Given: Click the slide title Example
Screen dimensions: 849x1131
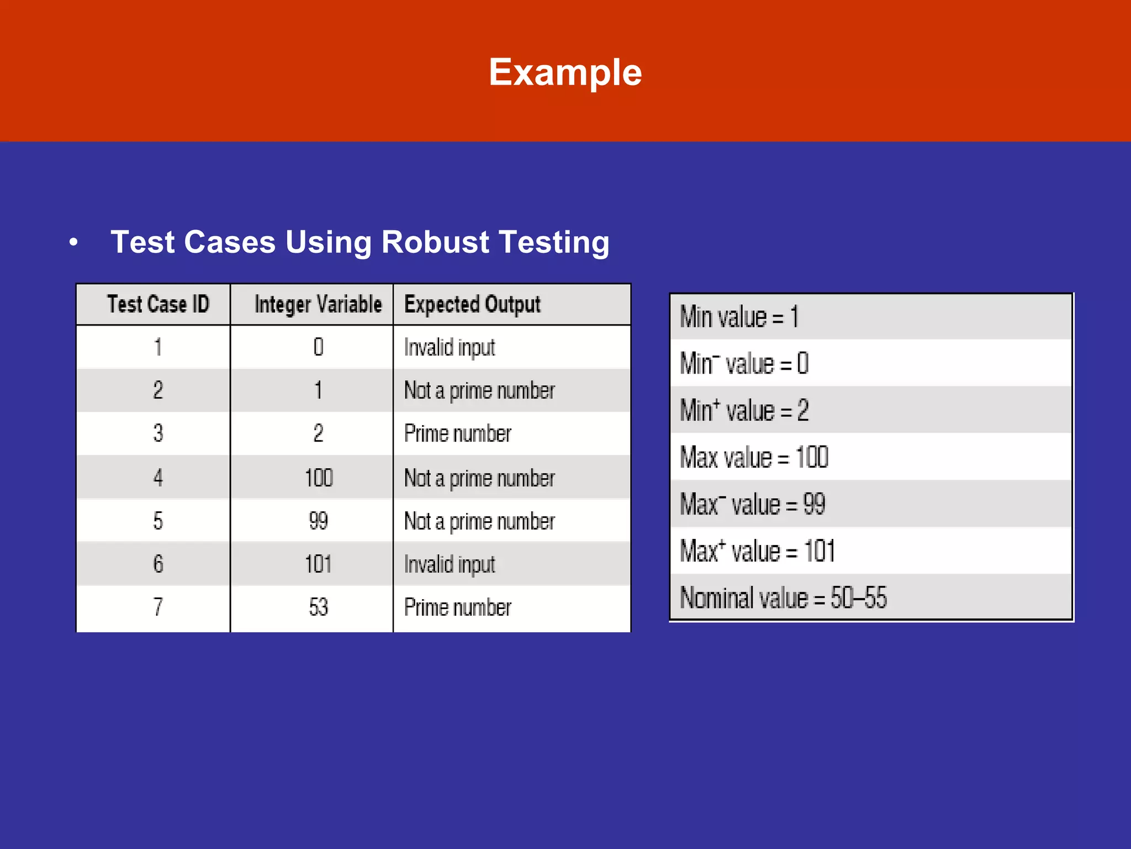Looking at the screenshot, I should [565, 72].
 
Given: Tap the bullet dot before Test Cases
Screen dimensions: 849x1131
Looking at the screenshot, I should [73, 242].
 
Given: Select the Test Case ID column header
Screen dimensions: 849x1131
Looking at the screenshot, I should [158, 305].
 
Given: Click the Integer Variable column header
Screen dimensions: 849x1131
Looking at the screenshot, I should [318, 305].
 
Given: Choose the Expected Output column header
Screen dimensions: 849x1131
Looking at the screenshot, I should [472, 305].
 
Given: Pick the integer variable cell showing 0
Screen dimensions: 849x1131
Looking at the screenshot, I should [318, 347].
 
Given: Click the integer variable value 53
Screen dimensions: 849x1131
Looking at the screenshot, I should [318, 607].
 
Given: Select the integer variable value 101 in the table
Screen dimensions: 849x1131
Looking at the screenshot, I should [318, 564].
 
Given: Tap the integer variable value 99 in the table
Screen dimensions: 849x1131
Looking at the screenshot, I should [318, 521].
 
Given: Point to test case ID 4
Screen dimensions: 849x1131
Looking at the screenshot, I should [158, 478].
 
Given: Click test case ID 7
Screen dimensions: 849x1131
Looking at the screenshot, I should [158, 607].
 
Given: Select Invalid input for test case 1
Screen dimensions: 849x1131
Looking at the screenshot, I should [450, 348].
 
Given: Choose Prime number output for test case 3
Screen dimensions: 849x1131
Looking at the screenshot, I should [457, 434].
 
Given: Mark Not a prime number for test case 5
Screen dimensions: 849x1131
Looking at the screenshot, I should [479, 521].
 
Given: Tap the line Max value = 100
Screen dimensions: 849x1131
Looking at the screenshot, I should [754, 458].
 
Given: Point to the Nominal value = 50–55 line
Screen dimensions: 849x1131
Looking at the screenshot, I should [783, 598].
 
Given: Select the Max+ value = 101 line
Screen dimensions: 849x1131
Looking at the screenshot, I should [757, 551].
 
